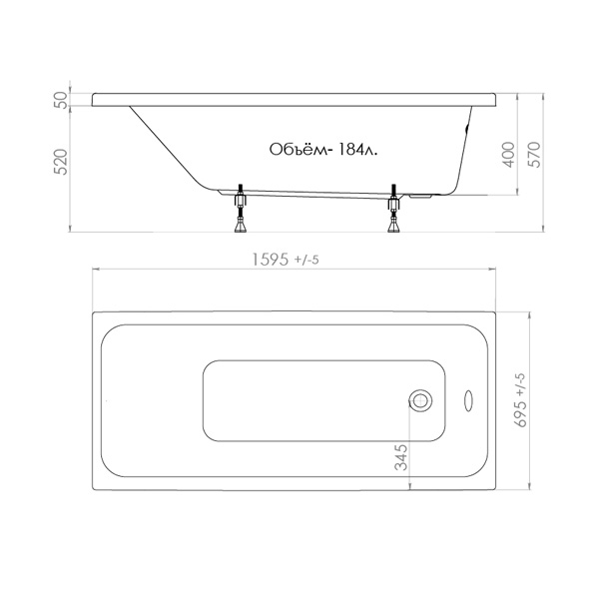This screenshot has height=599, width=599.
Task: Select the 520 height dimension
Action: click(62, 162)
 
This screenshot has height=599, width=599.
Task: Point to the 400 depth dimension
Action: click(508, 155)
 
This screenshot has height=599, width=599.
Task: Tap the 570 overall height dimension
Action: click(534, 155)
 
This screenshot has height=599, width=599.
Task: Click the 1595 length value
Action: click(271, 260)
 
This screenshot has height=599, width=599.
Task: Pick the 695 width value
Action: click(521, 414)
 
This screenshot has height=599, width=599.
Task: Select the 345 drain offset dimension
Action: click(401, 457)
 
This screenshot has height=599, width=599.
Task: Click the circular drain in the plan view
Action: click(420, 400)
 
